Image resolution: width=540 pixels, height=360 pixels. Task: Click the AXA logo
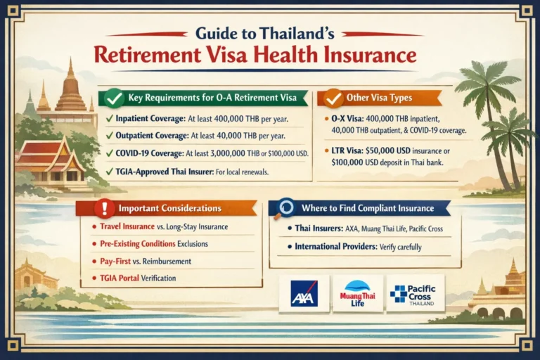(304, 293)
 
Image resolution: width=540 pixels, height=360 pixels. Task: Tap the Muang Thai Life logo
(357, 293)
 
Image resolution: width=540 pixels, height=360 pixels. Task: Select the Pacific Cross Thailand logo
(414, 293)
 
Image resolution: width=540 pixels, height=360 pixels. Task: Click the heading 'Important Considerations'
(171, 208)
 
